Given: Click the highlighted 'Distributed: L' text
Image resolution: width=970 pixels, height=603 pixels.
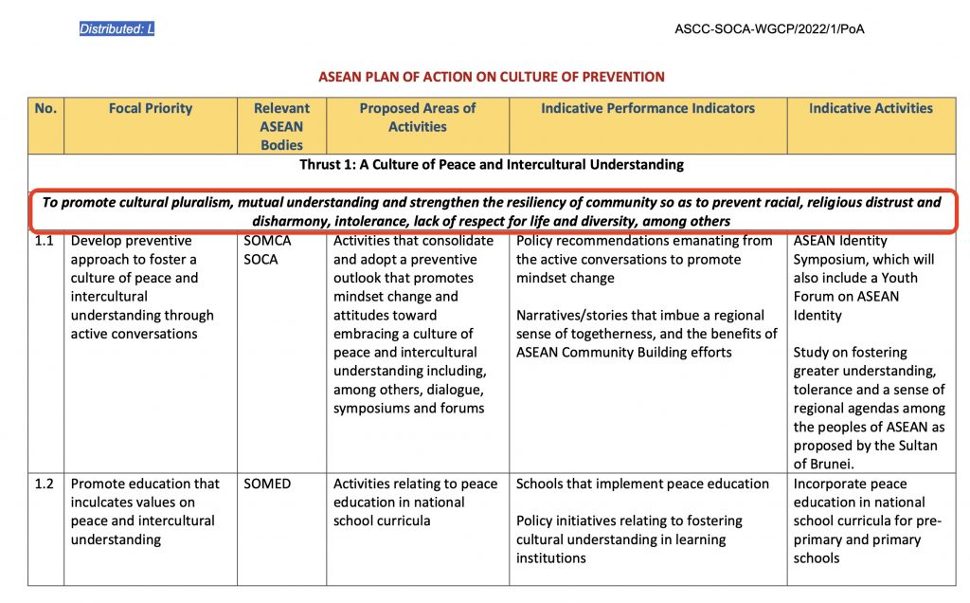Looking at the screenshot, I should pos(117,29).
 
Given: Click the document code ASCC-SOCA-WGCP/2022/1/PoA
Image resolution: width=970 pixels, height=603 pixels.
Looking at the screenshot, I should pos(769,29).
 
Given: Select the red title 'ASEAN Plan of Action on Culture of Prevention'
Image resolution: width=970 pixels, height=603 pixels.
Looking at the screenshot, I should pos(491,76).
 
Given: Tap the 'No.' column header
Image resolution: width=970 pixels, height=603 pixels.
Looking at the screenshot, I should pos(45,108).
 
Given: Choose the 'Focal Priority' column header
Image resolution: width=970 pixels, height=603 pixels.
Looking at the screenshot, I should pos(151,108).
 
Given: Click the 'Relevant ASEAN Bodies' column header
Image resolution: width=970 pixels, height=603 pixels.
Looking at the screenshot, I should pos(281,126).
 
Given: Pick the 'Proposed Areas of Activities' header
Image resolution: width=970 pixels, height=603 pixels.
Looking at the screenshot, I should pos(418,118).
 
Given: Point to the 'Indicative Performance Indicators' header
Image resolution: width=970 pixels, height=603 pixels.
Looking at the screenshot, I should pos(648,108).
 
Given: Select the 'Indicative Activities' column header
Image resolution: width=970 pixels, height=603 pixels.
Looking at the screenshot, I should pos(871,108).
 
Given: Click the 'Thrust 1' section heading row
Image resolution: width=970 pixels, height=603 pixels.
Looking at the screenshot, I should pos(492,165).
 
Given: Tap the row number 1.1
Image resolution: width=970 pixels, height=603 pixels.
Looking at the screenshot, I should pos(45,241).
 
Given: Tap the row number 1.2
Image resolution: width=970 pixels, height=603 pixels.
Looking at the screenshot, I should pos(45,484).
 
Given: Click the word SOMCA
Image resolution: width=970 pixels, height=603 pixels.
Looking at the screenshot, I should pos(267,241).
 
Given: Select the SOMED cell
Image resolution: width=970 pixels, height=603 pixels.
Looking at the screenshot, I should pos(267,484).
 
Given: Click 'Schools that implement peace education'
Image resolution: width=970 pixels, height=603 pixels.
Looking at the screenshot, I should pos(642,484).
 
